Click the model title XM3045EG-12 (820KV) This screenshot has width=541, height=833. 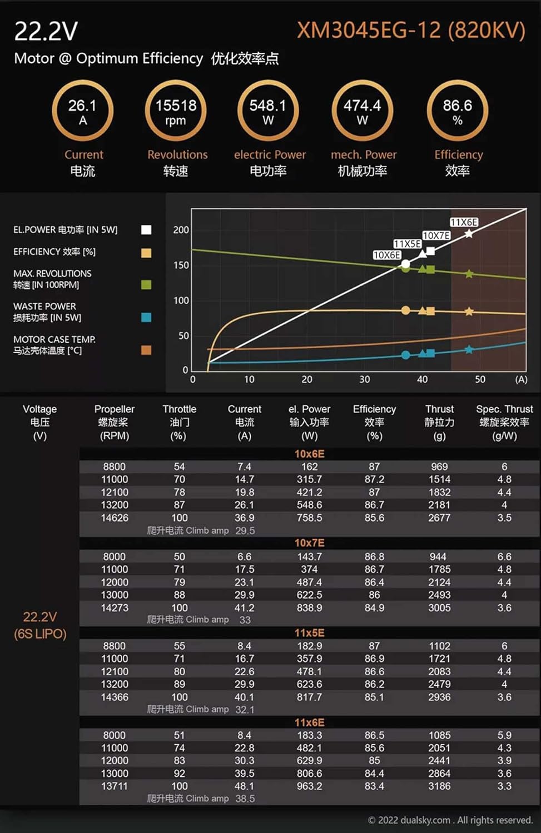(411, 30)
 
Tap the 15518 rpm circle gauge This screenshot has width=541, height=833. (176, 111)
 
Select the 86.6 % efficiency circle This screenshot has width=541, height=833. (457, 111)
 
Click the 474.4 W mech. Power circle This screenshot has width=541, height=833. (362, 111)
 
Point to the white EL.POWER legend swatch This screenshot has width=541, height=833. (146, 230)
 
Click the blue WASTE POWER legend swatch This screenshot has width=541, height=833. (146, 317)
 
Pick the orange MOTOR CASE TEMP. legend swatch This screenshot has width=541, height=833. (146, 350)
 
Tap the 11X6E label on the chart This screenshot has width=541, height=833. (464, 222)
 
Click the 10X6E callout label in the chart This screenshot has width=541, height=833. (386, 255)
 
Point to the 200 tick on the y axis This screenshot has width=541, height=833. (181, 230)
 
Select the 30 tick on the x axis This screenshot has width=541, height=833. (364, 379)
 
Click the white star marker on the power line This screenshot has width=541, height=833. (469, 234)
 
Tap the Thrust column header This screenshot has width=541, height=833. (439, 422)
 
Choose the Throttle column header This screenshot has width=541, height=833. (179, 422)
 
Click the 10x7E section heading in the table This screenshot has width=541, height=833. (309, 543)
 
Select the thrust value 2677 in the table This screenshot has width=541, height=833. (439, 518)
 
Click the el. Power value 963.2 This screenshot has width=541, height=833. (309, 786)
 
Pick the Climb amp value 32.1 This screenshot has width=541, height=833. (245, 710)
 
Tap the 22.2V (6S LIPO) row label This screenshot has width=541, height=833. (40, 625)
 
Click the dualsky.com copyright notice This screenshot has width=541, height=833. (450, 820)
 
